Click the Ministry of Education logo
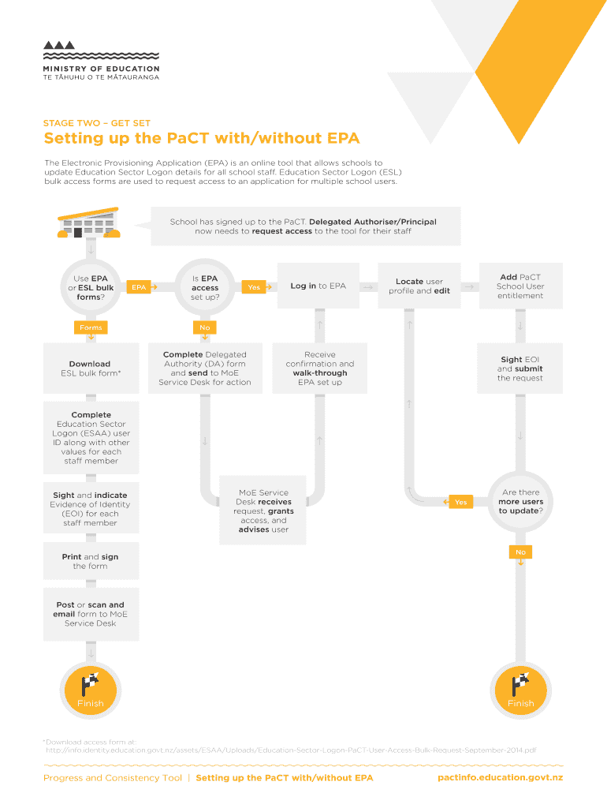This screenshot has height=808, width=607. [x=100, y=60]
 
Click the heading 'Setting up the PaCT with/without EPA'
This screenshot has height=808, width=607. [x=201, y=139]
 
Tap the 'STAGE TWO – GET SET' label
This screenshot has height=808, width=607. [x=97, y=123]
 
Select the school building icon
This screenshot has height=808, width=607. [x=88, y=223]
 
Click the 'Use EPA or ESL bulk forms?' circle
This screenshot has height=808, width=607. [x=91, y=288]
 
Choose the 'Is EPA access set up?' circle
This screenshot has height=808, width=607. [x=205, y=288]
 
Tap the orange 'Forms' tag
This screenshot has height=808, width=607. [x=91, y=327]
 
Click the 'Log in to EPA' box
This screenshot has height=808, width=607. [x=318, y=286]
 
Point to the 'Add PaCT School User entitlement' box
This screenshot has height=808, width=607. [x=520, y=286]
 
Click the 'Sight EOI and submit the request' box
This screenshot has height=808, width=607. [x=520, y=368]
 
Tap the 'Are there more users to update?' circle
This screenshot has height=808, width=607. [x=520, y=502]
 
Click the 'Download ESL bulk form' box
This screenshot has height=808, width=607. [x=91, y=368]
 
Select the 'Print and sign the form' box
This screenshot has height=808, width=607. [x=91, y=561]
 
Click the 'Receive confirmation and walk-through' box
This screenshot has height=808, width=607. [x=319, y=368]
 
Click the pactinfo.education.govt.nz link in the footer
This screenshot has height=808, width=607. [x=500, y=778]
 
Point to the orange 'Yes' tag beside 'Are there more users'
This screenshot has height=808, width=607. [x=459, y=502]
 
